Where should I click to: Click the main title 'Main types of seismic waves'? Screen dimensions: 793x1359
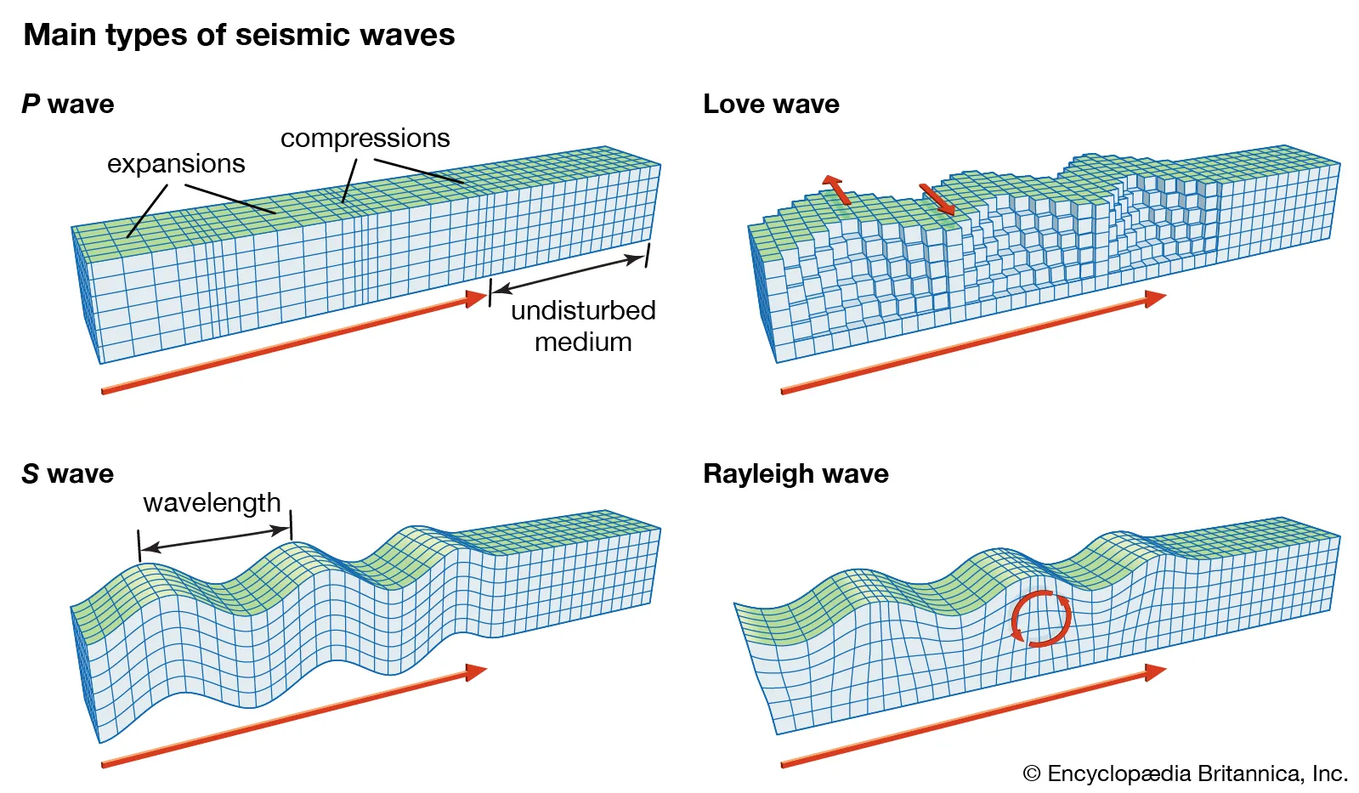239,35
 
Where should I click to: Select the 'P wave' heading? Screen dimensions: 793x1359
68,104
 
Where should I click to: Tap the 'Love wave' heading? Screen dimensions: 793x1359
771,104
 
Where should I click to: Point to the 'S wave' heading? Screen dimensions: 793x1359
68,473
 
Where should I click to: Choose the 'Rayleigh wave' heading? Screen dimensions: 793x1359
796,473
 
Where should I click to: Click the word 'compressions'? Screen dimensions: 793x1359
365,138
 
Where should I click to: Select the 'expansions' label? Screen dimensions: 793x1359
176,163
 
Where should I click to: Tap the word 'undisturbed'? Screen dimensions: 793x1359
583,310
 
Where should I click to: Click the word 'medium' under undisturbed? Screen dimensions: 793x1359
583,342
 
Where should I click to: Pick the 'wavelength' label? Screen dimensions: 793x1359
212,502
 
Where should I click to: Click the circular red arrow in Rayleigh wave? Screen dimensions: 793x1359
1041,619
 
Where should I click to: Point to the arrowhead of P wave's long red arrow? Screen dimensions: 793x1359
478,297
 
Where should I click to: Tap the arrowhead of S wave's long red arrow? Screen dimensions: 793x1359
476,672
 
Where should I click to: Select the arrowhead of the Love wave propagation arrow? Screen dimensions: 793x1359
1155,298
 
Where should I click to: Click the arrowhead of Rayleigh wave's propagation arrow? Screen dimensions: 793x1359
1155,672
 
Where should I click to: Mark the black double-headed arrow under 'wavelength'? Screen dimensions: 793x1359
215,539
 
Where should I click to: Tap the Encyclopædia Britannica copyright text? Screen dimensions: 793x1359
1186,773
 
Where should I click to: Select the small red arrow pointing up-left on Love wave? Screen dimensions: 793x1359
836,190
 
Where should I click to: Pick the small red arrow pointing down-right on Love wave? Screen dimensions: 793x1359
937,199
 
